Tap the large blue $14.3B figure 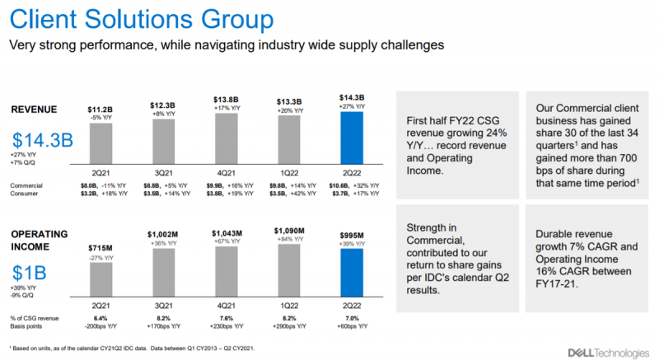[x=44, y=140]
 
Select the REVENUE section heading [x=34, y=110]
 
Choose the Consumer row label [x=26, y=194]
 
